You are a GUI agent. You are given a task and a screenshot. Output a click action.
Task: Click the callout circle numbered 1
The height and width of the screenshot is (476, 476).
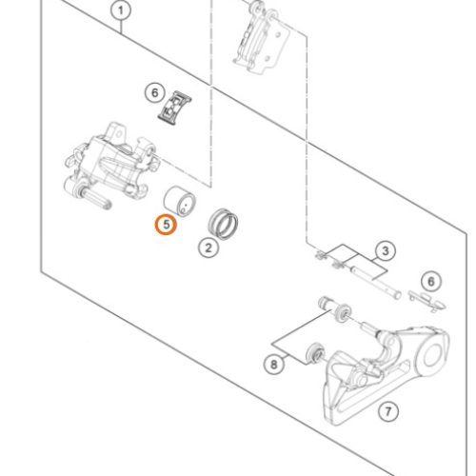[121, 10]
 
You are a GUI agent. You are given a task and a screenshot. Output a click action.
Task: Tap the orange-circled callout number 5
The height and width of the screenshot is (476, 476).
[166, 225]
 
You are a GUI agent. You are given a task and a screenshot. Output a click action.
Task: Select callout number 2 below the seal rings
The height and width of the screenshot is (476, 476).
[208, 248]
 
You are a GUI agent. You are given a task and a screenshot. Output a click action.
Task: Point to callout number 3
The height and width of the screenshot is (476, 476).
[385, 250]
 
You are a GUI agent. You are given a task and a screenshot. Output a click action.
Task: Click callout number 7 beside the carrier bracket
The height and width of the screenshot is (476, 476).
[388, 411]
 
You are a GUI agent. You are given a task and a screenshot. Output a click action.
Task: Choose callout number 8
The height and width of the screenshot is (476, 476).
[274, 364]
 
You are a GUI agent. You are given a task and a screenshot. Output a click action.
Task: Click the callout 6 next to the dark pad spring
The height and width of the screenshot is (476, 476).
[154, 92]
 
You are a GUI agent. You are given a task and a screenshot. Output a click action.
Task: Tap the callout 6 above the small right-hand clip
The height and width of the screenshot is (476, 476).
[430, 281]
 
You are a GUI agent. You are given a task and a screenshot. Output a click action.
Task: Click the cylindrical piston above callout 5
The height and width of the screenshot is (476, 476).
[180, 201]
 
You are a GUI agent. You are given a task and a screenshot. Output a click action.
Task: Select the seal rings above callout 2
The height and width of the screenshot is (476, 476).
[223, 224]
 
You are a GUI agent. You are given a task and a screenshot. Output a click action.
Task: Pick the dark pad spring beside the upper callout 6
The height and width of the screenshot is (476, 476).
[174, 108]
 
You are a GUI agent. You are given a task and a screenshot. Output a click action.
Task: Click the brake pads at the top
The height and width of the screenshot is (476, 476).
[262, 38]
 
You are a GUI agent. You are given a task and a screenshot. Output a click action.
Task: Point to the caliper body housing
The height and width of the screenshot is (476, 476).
[111, 162]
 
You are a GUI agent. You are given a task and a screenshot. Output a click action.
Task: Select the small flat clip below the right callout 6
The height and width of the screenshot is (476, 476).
[427, 301]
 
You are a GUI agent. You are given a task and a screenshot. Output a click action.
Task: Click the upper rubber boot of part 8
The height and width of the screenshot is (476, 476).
[343, 312]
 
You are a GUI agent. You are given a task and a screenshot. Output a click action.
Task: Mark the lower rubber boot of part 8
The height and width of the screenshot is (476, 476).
[315, 352]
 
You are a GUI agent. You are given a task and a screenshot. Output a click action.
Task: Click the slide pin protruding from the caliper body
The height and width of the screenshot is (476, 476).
[96, 198]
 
